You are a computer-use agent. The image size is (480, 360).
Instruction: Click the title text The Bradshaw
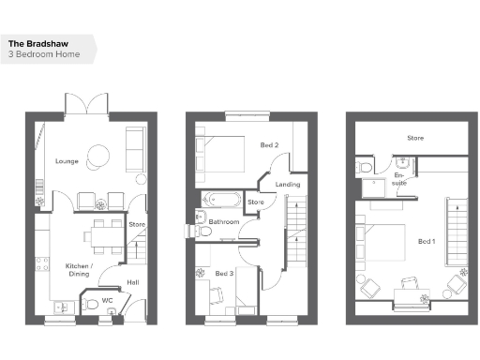tap(37, 43)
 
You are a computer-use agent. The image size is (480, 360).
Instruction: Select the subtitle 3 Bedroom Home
tap(44, 54)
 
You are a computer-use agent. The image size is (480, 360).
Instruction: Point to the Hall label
tap(132, 282)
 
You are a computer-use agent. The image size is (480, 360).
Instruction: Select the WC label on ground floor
tap(109, 301)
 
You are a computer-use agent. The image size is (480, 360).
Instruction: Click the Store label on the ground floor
tap(137, 224)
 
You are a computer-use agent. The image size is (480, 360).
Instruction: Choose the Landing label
tap(287, 184)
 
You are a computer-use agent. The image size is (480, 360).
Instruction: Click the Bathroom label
tap(224, 222)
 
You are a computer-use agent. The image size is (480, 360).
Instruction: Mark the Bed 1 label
tap(427, 242)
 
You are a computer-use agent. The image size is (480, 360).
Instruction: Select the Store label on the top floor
tap(414, 138)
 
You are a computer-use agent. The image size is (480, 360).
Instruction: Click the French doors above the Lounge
tap(86, 105)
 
